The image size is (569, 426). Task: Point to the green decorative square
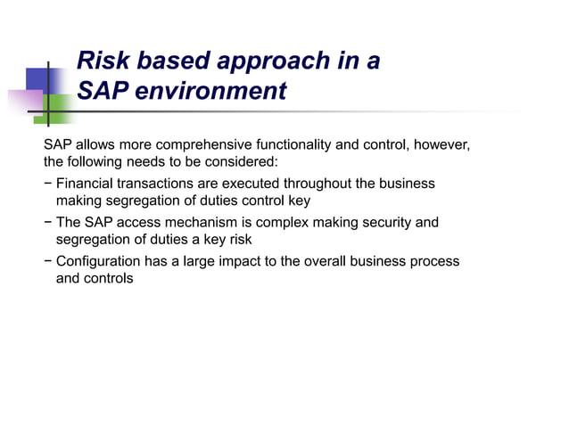(59, 110)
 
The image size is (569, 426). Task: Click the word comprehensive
(202, 144)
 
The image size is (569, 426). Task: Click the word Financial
(87, 184)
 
